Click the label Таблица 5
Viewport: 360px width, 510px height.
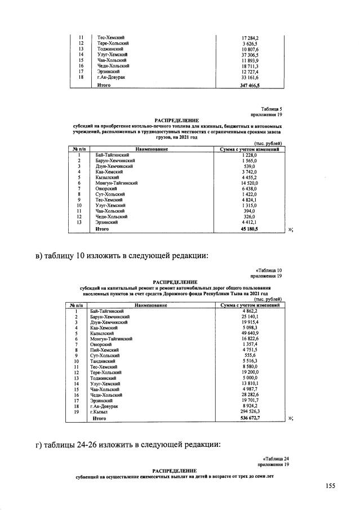[271, 108]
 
